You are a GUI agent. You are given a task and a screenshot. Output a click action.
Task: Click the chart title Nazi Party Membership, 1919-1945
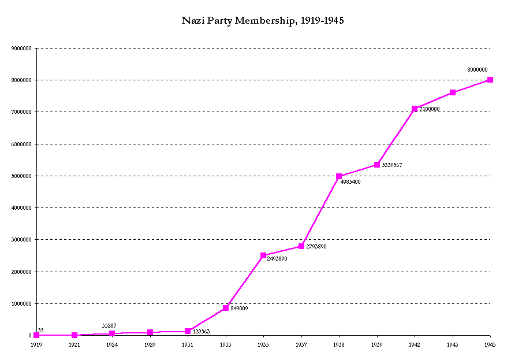[x=263, y=21]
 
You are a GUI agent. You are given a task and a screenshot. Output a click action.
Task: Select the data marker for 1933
[x=226, y=308]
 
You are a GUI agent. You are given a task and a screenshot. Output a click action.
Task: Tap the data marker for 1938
[x=339, y=176]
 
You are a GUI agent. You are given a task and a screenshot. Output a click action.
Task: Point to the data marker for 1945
[x=490, y=80]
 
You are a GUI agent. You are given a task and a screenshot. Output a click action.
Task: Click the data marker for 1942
[x=415, y=109]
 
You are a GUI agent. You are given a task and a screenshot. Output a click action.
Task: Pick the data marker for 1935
[x=263, y=255]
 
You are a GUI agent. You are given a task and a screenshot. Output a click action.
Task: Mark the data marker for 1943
[x=453, y=92]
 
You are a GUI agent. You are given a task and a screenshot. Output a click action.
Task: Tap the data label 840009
[x=239, y=309]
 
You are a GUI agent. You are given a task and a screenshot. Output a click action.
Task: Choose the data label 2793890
[x=316, y=247]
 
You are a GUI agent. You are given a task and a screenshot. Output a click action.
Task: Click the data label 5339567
[x=392, y=165]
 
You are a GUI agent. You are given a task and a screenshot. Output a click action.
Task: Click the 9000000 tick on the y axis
[x=22, y=49]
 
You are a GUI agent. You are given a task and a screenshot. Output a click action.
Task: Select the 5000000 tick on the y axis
[x=22, y=176]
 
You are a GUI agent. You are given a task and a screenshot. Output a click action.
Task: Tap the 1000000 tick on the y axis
[x=22, y=304]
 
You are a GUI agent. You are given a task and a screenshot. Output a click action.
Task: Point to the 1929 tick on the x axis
[x=150, y=344]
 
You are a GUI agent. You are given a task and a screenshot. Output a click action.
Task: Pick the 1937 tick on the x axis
[x=301, y=344]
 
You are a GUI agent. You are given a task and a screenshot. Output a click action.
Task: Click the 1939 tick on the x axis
[x=377, y=344]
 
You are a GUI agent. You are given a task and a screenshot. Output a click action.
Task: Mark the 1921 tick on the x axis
[x=74, y=344]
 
